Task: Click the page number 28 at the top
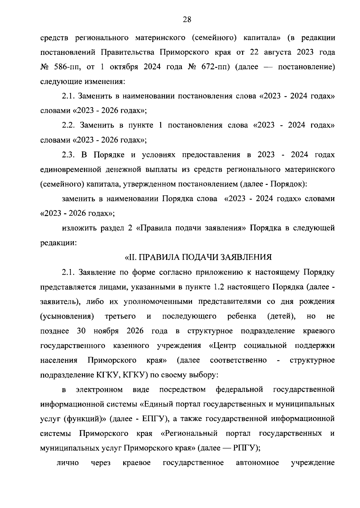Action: [x=187, y=20]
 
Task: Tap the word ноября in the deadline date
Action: [x=106, y=331]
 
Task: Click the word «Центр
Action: [x=222, y=346]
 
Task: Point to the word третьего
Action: [x=120, y=316]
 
